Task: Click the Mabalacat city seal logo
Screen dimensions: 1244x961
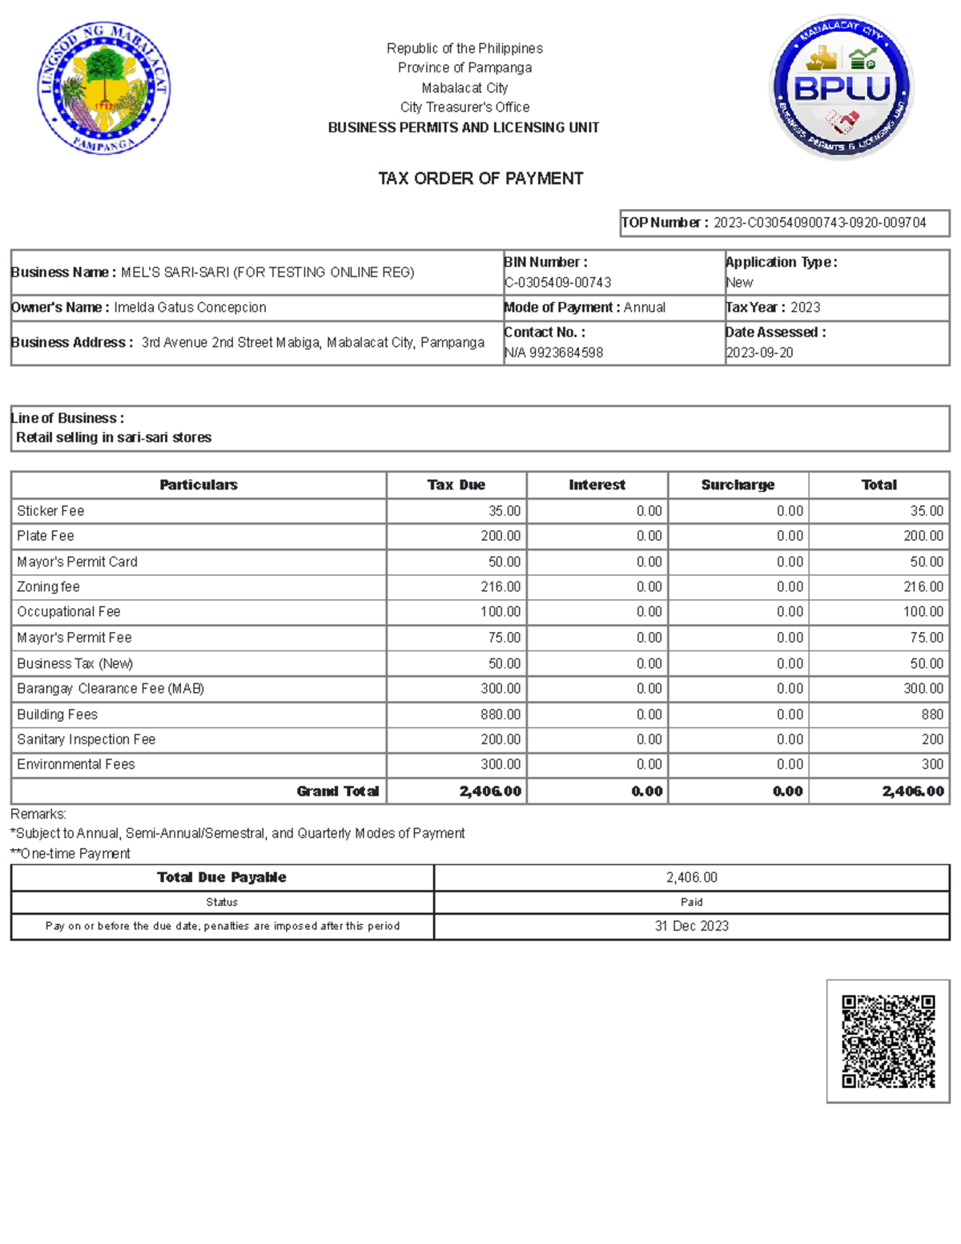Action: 103,88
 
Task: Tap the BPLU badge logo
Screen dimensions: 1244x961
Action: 841,87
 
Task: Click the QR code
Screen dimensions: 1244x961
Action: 888,1041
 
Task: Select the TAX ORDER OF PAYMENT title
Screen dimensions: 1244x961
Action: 480,179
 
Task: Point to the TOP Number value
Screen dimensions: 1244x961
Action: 819,223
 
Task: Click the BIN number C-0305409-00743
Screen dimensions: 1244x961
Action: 557,283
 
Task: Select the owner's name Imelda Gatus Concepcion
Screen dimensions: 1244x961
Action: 190,308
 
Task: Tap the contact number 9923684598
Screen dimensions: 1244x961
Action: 565,352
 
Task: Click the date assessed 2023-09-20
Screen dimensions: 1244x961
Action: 759,352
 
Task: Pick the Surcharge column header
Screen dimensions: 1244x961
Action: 738,485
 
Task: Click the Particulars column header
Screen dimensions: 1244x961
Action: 199,485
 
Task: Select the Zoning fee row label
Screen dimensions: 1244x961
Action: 48,587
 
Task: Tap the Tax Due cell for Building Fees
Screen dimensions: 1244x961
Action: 501,715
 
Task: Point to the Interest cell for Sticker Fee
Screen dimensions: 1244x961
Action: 649,511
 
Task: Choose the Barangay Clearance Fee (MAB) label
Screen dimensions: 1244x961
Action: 111,689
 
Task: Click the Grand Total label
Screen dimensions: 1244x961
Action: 337,791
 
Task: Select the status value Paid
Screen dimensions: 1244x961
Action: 691,902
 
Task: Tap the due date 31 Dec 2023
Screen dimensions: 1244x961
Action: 691,926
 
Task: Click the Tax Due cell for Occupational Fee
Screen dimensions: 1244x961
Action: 501,612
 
